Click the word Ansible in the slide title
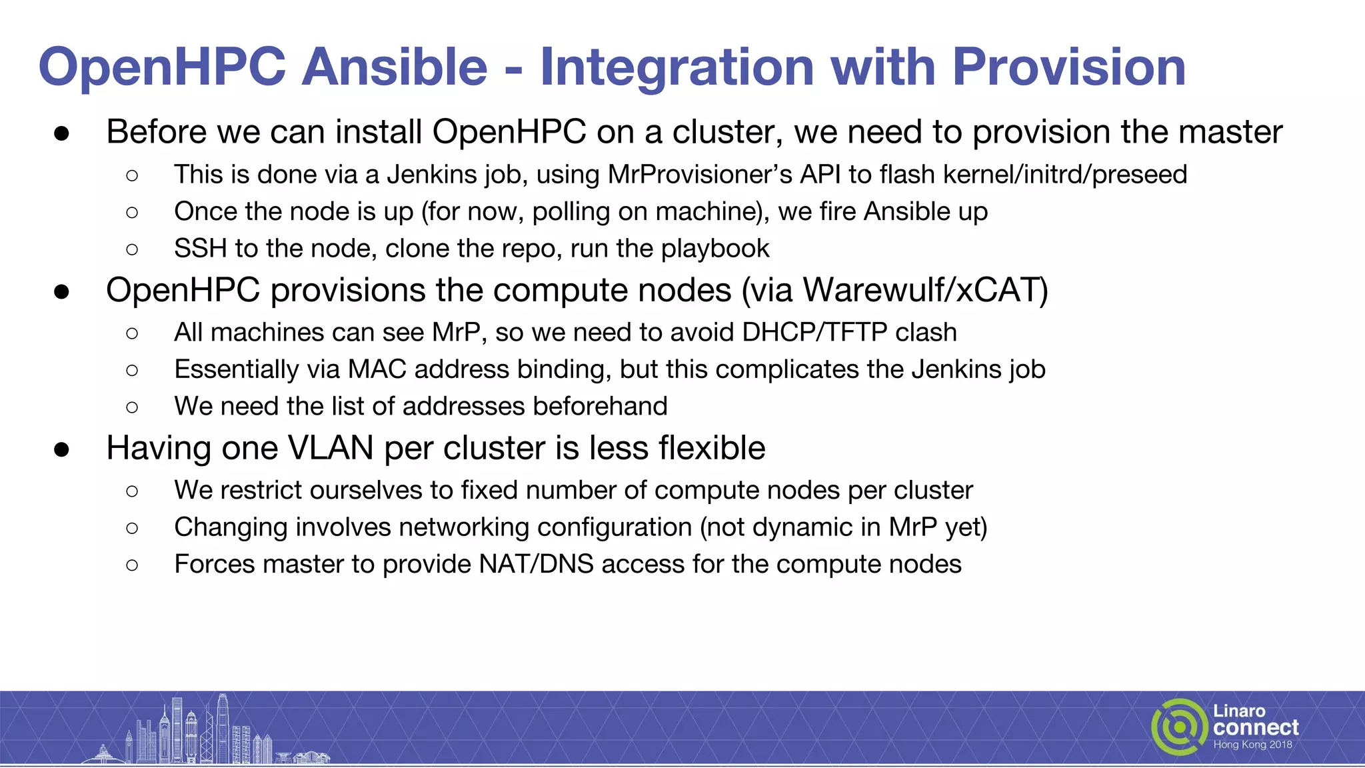click(395, 67)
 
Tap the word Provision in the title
click(1068, 67)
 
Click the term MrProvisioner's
click(699, 175)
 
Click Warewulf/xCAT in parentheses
click(924, 291)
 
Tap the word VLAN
click(331, 448)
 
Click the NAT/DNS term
click(536, 565)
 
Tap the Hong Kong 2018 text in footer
click(1252, 745)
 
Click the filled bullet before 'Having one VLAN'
click(62, 449)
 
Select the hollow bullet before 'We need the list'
click(132, 407)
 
